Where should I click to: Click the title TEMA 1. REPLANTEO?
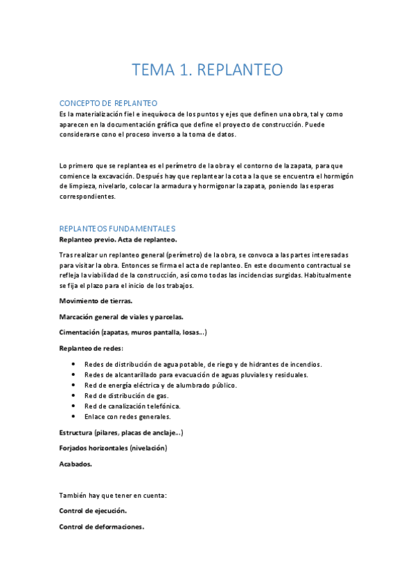click(x=207, y=70)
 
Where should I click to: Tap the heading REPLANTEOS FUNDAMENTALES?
click(x=117, y=228)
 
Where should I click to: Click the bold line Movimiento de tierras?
click(x=96, y=300)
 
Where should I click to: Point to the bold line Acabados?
click(x=76, y=464)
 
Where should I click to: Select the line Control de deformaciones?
click(x=102, y=526)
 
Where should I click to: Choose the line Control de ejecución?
click(x=93, y=510)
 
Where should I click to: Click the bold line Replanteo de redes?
click(x=91, y=347)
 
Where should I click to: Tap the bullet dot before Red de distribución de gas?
click(x=74, y=396)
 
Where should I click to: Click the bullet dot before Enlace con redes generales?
click(x=74, y=417)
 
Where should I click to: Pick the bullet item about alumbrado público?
click(x=160, y=385)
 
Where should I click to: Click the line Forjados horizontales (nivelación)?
click(x=113, y=448)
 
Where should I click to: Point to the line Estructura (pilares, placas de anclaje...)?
click(x=121, y=433)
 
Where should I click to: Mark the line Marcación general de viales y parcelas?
click(x=121, y=316)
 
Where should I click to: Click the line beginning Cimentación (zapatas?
click(x=132, y=332)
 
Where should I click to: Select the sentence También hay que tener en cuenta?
click(x=113, y=495)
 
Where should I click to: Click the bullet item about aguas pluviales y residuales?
click(x=196, y=374)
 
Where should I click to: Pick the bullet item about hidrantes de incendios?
click(x=203, y=364)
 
